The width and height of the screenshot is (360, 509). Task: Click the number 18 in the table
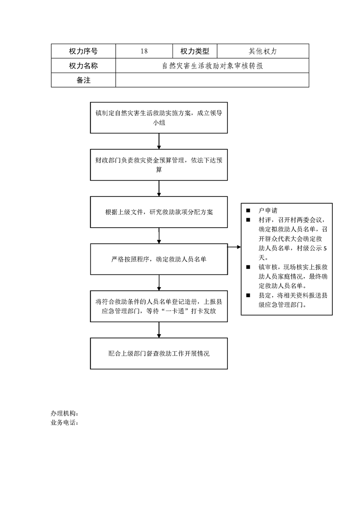tap(144, 51)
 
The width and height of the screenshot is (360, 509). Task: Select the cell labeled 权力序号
tap(83, 51)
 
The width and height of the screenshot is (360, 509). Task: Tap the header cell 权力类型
tap(195, 51)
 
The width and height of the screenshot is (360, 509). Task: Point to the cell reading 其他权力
tap(263, 51)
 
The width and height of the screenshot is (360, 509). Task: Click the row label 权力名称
tap(83, 66)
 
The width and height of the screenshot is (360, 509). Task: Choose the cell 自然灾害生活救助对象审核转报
tap(212, 66)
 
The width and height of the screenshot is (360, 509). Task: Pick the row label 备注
tap(83, 80)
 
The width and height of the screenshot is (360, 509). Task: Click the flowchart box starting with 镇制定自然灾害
tap(159, 117)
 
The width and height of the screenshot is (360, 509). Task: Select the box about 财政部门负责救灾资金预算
tap(159, 165)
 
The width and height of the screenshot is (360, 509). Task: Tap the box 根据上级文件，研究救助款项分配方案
tap(159, 212)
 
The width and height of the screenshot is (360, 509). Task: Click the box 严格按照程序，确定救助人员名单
tap(159, 259)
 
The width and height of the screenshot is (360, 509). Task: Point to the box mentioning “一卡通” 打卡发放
tap(159, 306)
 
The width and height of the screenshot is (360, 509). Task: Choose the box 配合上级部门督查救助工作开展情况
tap(159, 353)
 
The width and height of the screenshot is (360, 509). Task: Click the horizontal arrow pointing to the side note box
tap(234, 247)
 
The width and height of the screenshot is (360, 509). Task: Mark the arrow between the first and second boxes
tap(159, 141)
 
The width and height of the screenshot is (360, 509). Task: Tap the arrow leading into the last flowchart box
tap(159, 330)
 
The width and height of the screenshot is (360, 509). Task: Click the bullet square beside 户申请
tap(248, 210)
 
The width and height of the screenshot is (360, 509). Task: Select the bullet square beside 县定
tap(248, 295)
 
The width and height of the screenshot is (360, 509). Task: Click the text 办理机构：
tap(64, 413)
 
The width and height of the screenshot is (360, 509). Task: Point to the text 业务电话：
tap(64, 423)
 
